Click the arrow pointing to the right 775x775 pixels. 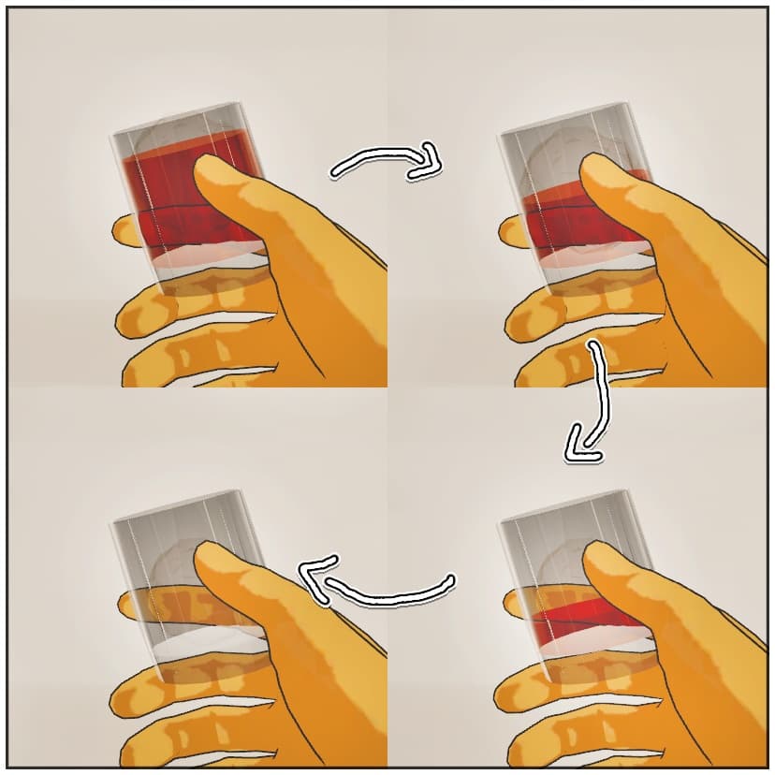tap(384, 163)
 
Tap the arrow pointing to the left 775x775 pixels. tap(374, 585)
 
